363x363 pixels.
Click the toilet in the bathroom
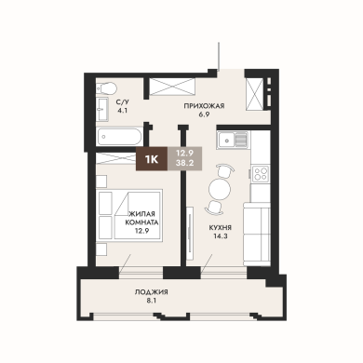[x=105, y=87]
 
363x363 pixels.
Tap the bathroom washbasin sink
[x=101, y=109]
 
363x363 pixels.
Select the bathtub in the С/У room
[x=119, y=137]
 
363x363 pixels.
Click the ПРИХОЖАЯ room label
[x=204, y=106]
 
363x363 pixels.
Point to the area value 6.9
[x=204, y=114]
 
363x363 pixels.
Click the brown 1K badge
[x=152, y=159]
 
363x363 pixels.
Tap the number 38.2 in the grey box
[x=184, y=163]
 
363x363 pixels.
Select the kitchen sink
[x=233, y=140]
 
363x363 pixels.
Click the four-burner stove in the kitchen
[x=260, y=173]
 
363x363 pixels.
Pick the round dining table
[x=220, y=189]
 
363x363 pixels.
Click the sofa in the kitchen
[x=256, y=234]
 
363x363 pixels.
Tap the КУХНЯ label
[x=221, y=228]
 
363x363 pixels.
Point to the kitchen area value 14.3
[x=221, y=235]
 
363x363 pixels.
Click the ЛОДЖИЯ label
[x=151, y=292]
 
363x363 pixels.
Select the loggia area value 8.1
[x=151, y=300]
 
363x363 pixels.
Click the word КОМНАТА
[x=141, y=222]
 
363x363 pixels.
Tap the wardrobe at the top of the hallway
[x=172, y=87]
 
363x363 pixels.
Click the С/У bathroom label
[x=121, y=102]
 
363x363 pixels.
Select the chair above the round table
[x=224, y=170]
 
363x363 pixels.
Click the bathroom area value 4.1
[x=121, y=110]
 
